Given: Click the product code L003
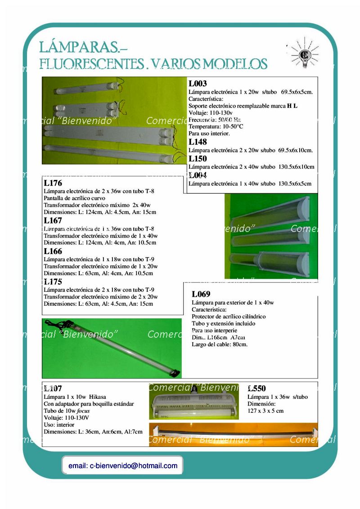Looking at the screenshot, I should click(198, 83).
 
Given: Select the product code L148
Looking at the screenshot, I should click(198, 142).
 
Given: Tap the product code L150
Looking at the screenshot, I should click(198, 158).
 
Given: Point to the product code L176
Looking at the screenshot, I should click(53, 183).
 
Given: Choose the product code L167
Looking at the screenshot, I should click(53, 220).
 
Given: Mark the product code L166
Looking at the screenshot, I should click(53, 251).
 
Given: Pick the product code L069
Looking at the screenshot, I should click(201, 294).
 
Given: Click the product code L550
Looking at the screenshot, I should click(256, 388).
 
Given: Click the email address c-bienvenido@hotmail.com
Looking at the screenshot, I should click(123, 466).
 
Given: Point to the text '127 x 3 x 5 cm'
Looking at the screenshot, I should click(265, 411).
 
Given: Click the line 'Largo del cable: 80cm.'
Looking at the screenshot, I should click(220, 344).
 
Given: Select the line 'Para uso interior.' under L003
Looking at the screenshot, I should click(209, 134).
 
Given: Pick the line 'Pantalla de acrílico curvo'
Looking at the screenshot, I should click(74, 198).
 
